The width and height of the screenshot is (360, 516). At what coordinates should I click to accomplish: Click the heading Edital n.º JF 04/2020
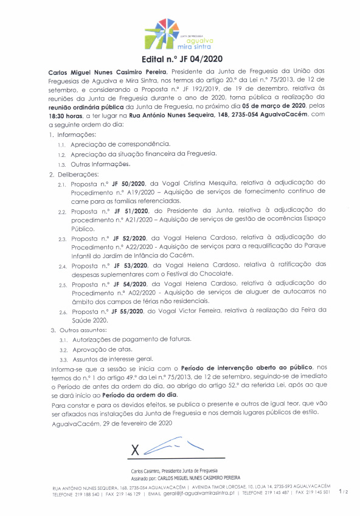(x=180, y=59)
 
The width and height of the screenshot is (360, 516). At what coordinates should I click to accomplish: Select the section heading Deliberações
(x=78, y=173)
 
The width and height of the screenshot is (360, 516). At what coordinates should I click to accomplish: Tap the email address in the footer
(x=194, y=494)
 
